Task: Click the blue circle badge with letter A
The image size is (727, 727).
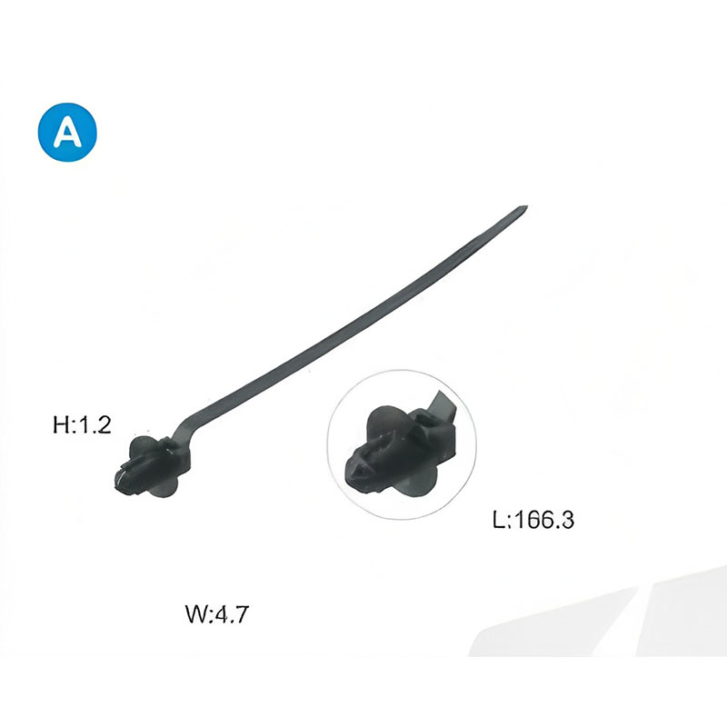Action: (67, 132)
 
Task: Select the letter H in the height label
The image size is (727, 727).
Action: (61, 425)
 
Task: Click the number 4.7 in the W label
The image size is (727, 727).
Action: (233, 614)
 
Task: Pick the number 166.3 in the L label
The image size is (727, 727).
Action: (544, 519)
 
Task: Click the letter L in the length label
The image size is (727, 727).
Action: (499, 520)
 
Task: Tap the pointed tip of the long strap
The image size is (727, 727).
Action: (527, 207)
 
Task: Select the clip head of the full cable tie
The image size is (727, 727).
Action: (152, 467)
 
